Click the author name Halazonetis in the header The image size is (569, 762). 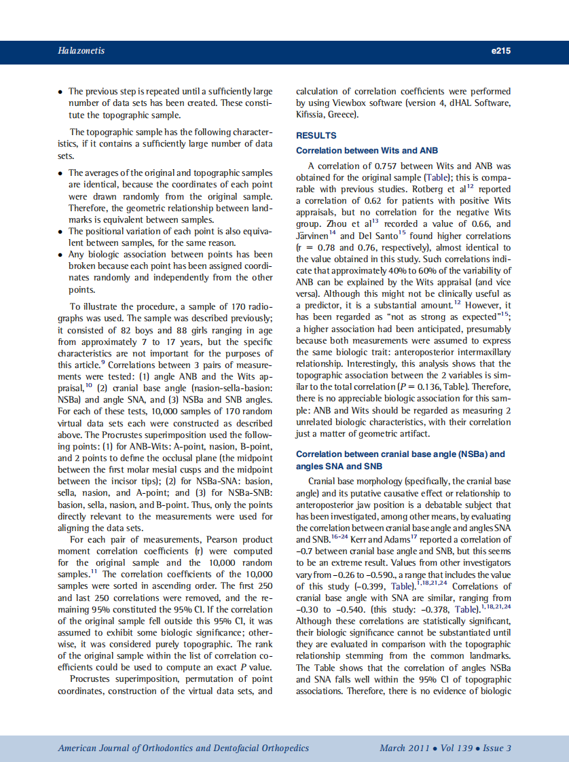pos(81,51)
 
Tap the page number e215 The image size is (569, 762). pos(500,51)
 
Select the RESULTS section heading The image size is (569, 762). pos(316,136)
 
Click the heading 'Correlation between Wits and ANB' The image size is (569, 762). pos(367,151)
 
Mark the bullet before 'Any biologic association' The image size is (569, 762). pos(61,255)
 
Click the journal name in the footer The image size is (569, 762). pos(183,748)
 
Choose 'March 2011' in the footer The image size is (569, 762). pos(404,748)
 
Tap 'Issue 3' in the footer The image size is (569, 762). pos(497,748)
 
